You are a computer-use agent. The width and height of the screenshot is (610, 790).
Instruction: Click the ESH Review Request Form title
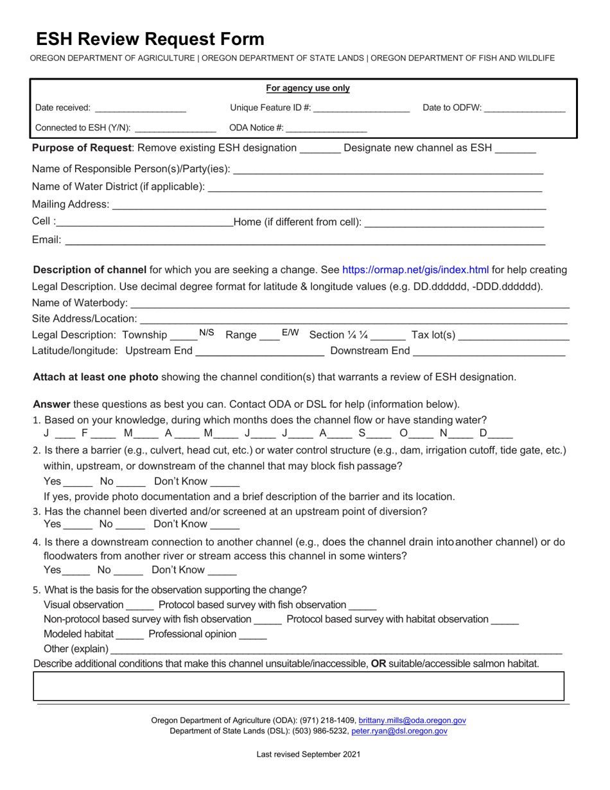(150, 39)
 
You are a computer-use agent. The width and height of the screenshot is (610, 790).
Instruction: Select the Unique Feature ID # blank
(362, 109)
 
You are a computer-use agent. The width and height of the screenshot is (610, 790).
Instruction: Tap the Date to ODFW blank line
(525, 109)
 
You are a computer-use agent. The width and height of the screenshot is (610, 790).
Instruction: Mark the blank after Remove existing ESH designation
(319, 149)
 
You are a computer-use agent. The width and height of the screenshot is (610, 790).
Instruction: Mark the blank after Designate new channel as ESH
(515, 149)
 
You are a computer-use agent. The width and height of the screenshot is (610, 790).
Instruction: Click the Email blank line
(305, 241)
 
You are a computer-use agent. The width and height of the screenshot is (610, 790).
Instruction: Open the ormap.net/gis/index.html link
(415, 270)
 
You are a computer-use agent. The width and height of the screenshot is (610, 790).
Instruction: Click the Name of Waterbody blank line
(350, 304)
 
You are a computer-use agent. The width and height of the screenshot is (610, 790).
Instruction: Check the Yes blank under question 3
(78, 525)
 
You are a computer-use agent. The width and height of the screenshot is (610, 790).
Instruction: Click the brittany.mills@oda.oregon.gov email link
(412, 721)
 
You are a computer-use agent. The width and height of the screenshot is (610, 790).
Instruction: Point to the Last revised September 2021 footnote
(308, 754)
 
